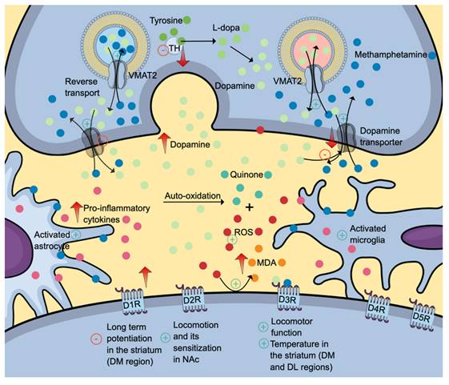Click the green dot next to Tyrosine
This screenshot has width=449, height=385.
click(186, 18)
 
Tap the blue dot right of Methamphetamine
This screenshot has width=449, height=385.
click(432, 55)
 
